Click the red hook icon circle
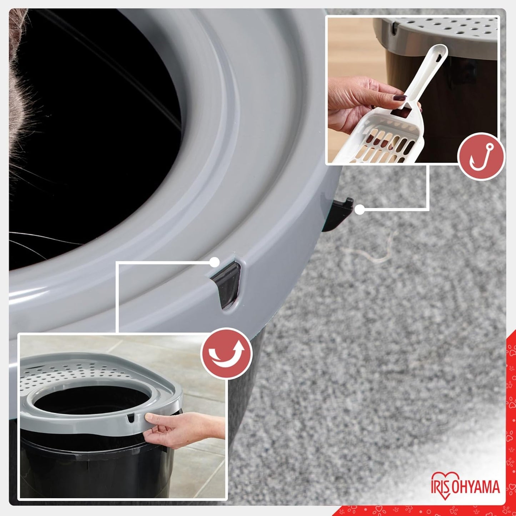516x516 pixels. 481,157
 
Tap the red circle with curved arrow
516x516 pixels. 226,353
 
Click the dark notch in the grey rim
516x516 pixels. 226,284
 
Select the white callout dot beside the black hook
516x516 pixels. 360,210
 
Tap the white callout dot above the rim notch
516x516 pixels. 214,262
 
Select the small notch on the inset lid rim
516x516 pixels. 131,418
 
